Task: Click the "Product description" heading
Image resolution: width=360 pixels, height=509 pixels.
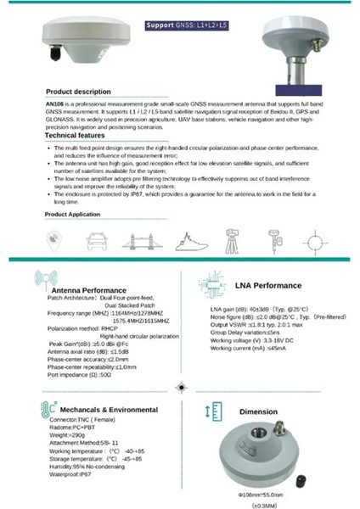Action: [77, 91]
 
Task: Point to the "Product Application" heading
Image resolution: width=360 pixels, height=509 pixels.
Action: [77, 215]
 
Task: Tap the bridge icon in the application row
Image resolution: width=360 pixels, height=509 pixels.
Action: [149, 241]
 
